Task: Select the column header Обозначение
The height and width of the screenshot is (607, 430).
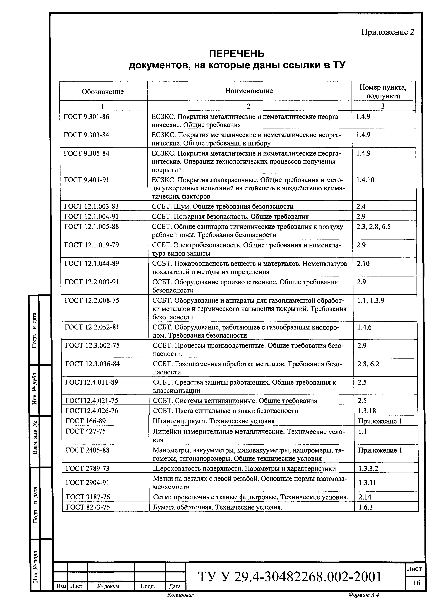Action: tap(102, 92)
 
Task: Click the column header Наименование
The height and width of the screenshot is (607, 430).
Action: tap(249, 91)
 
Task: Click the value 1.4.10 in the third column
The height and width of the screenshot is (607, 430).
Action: tap(365, 180)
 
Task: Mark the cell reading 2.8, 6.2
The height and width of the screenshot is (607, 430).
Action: tap(368, 364)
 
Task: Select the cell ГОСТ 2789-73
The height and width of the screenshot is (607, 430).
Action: tap(87, 469)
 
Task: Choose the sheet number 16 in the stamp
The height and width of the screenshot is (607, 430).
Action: tap(417, 583)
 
